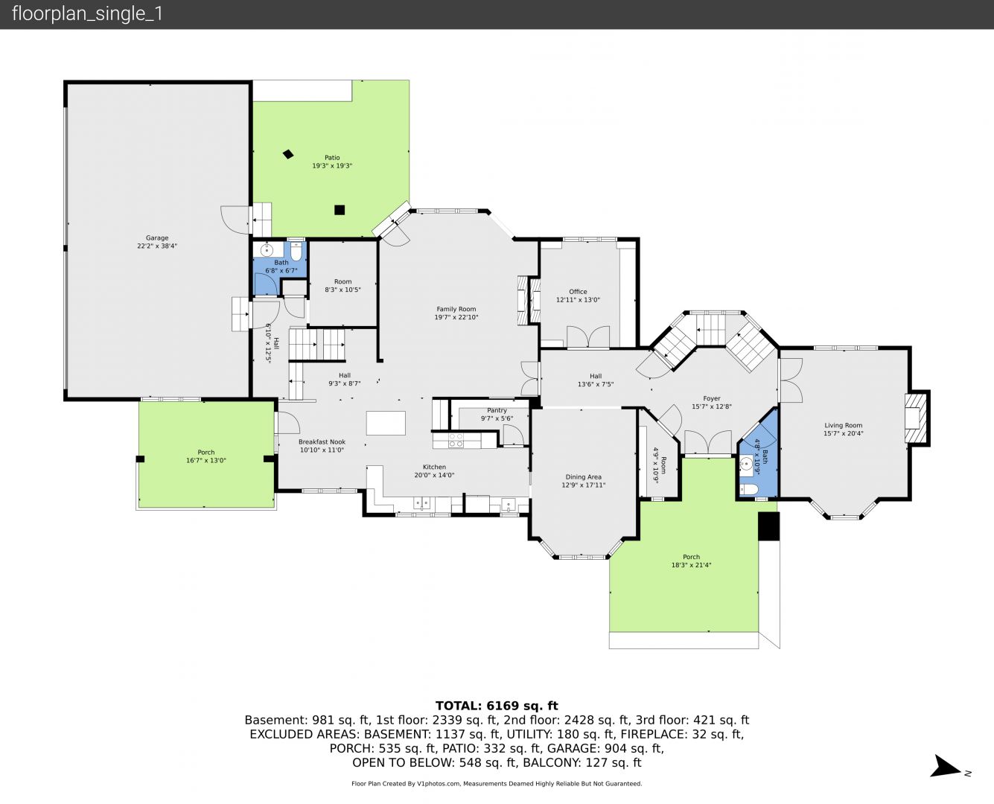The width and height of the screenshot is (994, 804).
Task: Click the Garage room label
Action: tap(157, 238)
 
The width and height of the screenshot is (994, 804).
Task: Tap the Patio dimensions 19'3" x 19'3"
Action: tap(332, 166)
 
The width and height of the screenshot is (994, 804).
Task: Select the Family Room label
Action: tap(456, 309)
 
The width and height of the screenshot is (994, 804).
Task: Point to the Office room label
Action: tap(578, 292)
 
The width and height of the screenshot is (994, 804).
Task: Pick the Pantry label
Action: tap(497, 410)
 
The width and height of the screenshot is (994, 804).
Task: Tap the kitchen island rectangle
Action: tap(386, 423)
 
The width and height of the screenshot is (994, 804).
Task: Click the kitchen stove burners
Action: tap(456, 440)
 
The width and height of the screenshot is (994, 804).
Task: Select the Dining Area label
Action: tap(583, 477)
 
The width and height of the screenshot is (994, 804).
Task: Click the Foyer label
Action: tap(712, 398)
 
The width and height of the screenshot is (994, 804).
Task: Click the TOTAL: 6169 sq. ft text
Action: tap(497, 706)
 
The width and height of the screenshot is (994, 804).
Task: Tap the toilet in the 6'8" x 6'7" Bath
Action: tap(296, 251)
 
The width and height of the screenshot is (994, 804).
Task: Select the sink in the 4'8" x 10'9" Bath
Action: tap(746, 464)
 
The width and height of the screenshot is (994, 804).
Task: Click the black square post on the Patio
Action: tap(340, 210)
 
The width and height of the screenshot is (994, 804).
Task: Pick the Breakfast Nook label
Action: tap(322, 442)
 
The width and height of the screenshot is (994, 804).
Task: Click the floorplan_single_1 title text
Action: tap(87, 14)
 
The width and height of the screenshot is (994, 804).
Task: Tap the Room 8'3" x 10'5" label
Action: tap(343, 282)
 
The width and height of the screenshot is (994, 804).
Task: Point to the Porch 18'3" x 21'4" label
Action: tap(691, 557)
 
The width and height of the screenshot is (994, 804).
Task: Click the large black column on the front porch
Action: tap(768, 526)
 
